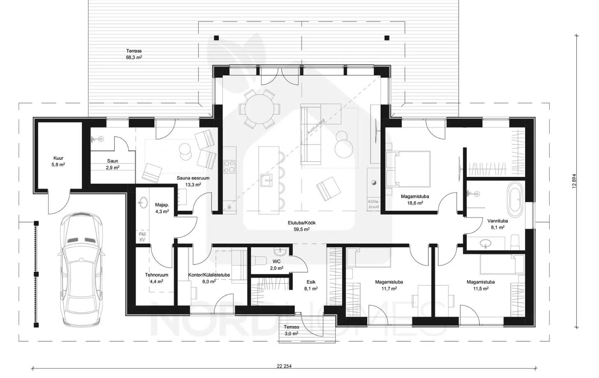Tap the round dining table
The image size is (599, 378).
pos(259,109)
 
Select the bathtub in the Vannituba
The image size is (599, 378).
pos(515,199)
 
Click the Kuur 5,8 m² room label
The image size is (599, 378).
pos(58,161)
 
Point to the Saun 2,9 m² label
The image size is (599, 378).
pos(113,164)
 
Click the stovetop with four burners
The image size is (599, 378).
pos(229,167)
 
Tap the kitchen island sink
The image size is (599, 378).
pos(266,180)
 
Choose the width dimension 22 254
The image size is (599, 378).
pos(284,366)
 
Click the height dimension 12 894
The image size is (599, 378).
pos(574,181)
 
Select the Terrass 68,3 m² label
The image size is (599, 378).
pos(134,54)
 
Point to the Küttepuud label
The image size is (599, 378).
pos(374,204)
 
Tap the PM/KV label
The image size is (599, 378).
pos(142,237)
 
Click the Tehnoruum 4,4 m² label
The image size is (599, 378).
pos(157,278)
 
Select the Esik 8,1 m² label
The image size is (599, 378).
pos(311,285)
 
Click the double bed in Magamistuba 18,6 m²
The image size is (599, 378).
pos(408,169)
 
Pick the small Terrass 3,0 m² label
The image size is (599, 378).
pos(291,330)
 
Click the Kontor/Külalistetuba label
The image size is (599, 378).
pos(209,275)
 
